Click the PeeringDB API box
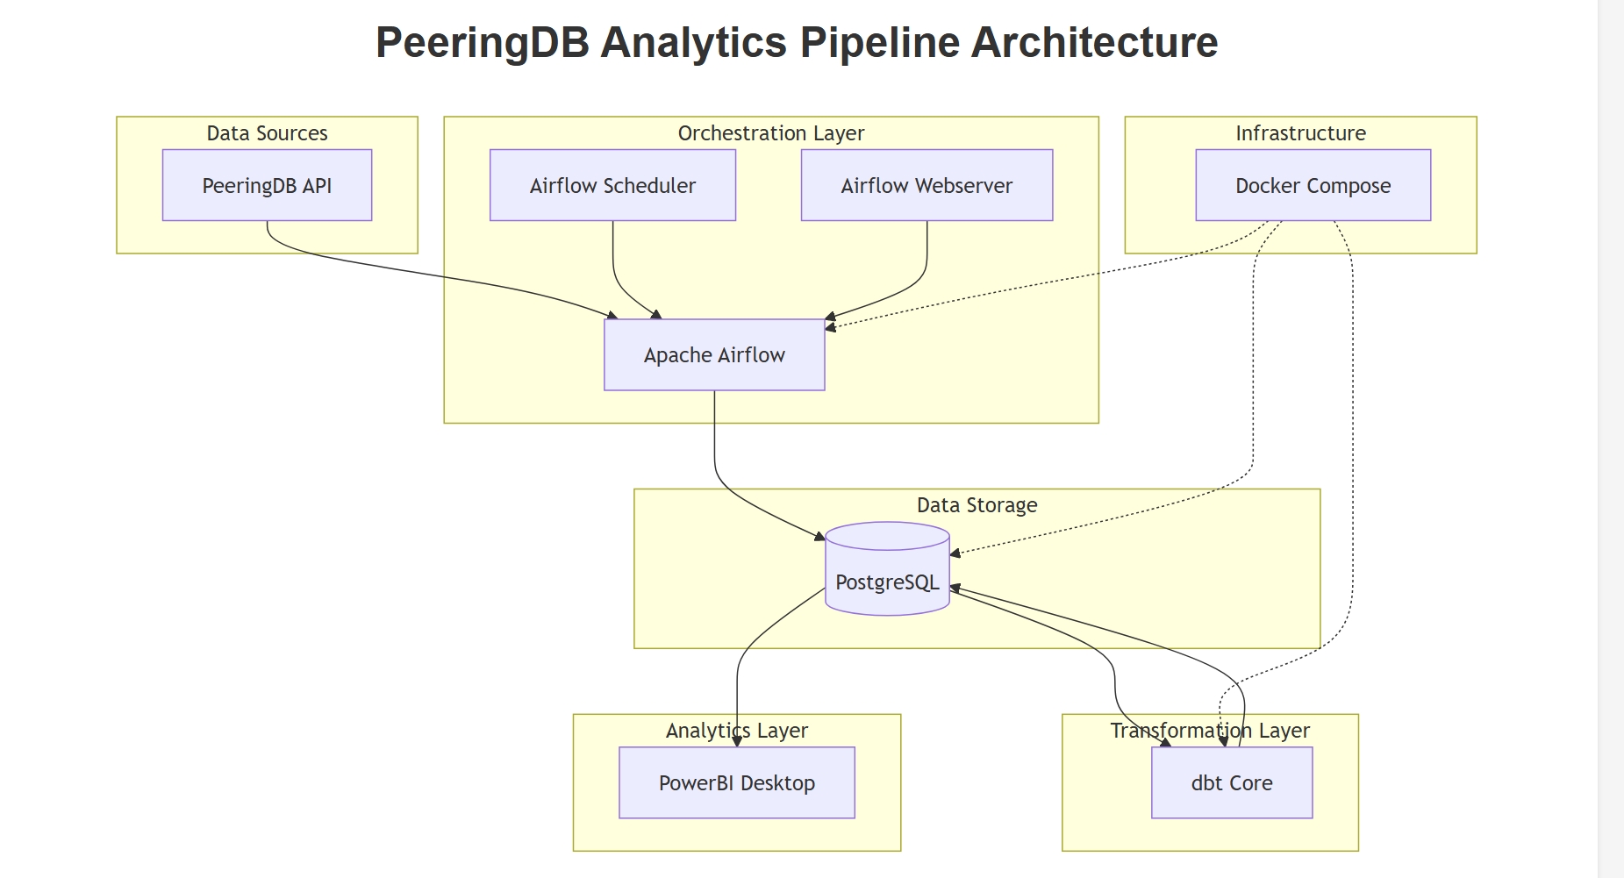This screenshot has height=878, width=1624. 267,185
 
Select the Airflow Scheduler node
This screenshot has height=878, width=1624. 612,185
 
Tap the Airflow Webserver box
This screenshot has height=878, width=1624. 926,185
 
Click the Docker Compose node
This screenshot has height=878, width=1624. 1313,185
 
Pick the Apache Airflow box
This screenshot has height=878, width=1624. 714,354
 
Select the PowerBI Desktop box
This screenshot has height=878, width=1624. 736,782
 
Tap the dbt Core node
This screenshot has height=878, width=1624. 1231,782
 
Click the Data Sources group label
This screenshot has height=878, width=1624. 267,133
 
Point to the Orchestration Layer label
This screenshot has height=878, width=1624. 770,133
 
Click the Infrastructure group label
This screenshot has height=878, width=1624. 1300,133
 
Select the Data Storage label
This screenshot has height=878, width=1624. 977,505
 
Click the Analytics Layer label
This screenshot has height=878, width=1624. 736,731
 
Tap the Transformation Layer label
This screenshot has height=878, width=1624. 1209,731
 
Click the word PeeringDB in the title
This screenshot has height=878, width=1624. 482,42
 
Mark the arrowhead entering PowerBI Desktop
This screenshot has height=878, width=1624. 737,742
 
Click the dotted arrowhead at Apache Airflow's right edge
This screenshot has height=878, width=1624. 830,327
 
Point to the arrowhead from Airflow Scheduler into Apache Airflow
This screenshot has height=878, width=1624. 655,314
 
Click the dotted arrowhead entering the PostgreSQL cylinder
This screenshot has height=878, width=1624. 955,553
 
